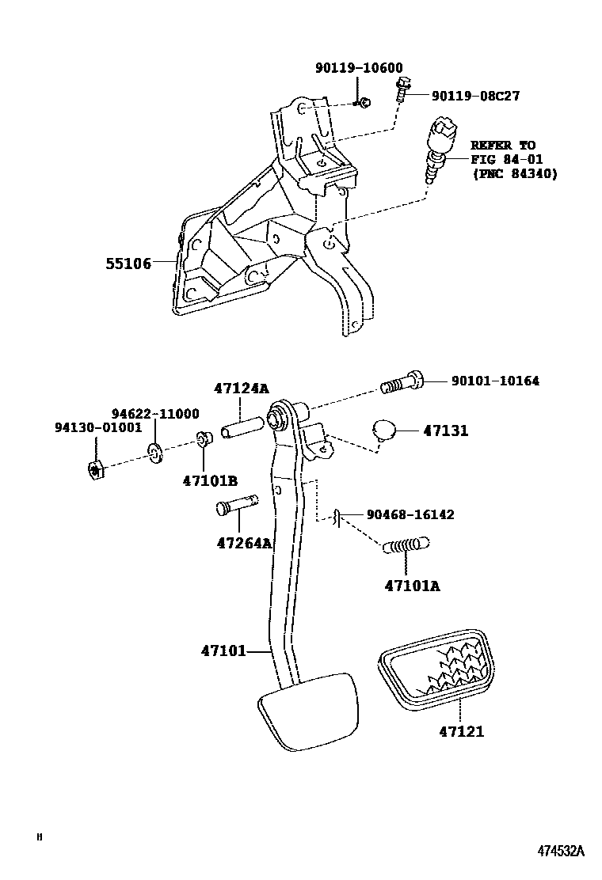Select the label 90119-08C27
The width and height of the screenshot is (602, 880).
point(475,96)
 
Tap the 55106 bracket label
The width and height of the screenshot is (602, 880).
point(128,264)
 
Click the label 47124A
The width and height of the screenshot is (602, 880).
point(241,389)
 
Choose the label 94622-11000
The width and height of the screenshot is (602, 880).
point(154,414)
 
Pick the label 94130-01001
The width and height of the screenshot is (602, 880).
point(97,428)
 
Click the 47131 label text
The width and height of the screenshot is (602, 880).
point(445,431)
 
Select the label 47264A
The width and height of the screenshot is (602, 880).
point(244,543)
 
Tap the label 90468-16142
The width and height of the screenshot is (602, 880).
point(410,514)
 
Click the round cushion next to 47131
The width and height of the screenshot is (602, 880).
point(384,431)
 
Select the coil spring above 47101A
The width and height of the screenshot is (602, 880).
point(406,545)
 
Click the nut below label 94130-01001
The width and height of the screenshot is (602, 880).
point(95,470)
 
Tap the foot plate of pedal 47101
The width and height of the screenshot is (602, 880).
point(306,711)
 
